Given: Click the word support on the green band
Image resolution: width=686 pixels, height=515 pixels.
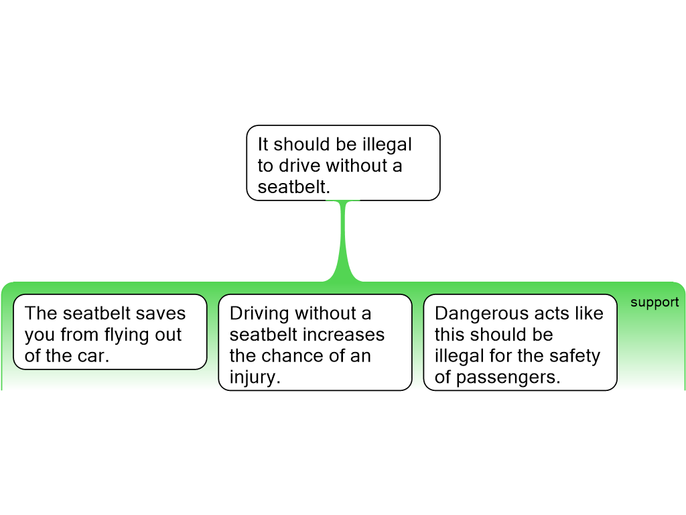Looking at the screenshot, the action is coord(655,302).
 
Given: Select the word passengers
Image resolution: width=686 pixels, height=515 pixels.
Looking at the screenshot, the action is coord(508,378).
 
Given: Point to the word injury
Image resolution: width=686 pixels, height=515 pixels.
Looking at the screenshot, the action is coord(255,378).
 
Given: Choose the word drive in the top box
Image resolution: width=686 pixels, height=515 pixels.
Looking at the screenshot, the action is coord(300,166).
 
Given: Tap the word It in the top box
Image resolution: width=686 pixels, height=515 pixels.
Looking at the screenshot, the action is coord(263,145).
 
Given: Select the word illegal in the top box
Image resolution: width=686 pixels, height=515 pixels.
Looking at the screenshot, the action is coord(387,145).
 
